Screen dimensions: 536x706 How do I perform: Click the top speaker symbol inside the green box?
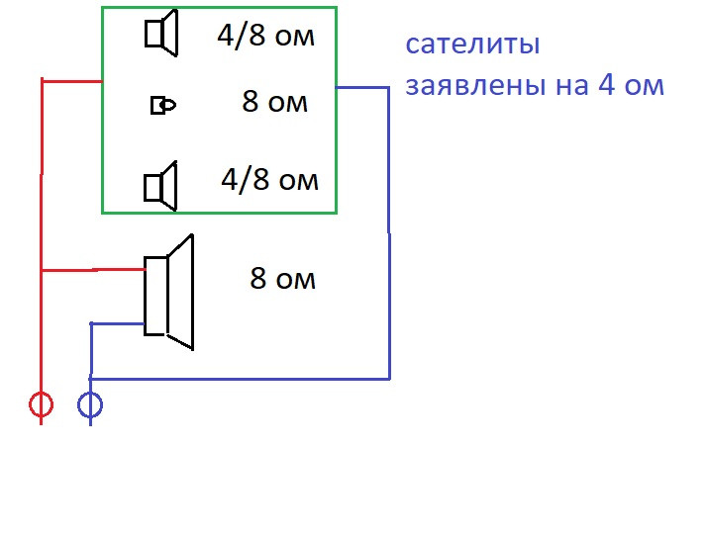[160, 34]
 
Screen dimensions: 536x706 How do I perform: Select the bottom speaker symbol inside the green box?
[160, 186]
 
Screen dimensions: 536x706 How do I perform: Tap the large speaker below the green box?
[168, 293]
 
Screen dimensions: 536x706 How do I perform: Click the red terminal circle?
[41, 404]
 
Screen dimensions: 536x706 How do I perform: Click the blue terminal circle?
[90, 404]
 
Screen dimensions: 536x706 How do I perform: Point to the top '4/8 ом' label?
[265, 38]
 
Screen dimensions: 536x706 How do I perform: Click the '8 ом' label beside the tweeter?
[274, 102]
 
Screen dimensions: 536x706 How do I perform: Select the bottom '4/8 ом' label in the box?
[269, 180]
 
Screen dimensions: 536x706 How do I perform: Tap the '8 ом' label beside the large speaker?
[282, 279]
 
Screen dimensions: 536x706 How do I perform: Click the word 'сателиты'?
[472, 45]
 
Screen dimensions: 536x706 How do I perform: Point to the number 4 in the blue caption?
[606, 85]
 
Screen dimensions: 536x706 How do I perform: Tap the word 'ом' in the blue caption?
[643, 86]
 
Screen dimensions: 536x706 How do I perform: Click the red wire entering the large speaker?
[94, 269]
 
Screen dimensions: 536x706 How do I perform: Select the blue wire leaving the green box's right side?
[361, 88]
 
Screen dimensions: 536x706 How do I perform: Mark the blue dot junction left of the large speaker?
[92, 323]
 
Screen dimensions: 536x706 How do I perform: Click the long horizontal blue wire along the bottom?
[238, 378]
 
